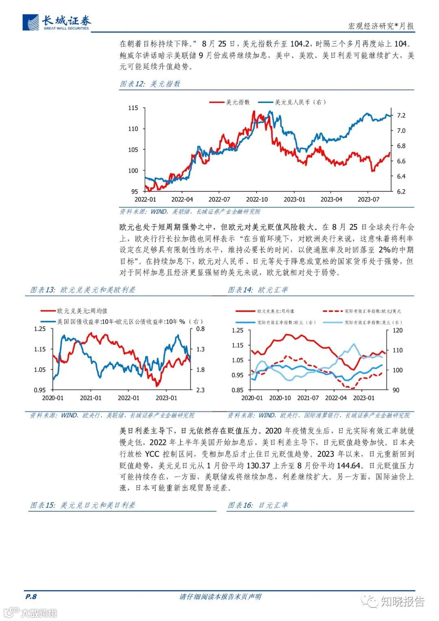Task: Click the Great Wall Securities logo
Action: [57, 23]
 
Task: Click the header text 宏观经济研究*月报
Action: [381, 26]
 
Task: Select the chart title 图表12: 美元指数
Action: [150, 84]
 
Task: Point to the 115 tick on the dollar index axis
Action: [133, 108]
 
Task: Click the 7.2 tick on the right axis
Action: [401, 115]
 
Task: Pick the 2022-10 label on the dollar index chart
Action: [256, 199]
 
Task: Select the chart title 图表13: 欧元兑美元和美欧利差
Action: [83, 290]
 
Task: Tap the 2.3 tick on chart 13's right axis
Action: [200, 390]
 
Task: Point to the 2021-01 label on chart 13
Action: [91, 398]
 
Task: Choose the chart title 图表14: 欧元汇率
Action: [258, 290]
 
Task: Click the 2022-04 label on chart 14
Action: [336, 398]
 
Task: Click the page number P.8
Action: [31, 597]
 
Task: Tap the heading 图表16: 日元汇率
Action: [258, 505]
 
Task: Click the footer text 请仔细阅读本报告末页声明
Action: [220, 597]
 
